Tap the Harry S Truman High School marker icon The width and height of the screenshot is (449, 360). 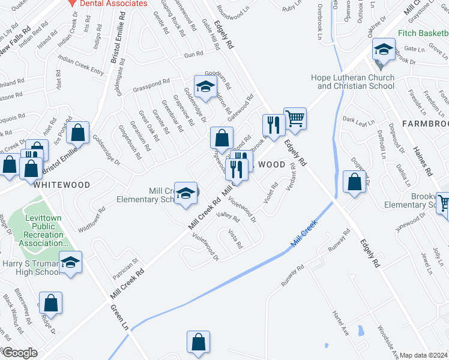coord(70,263)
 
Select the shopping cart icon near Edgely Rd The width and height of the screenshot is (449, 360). coord(295,118)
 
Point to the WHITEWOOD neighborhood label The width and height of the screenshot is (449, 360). coord(62,185)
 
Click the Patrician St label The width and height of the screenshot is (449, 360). coord(125,269)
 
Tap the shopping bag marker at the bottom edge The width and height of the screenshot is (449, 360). coord(198,343)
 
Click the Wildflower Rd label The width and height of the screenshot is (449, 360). coord(92,220)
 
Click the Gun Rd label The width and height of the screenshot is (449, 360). coord(194,55)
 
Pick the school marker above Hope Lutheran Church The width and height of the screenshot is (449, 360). coord(382,49)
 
